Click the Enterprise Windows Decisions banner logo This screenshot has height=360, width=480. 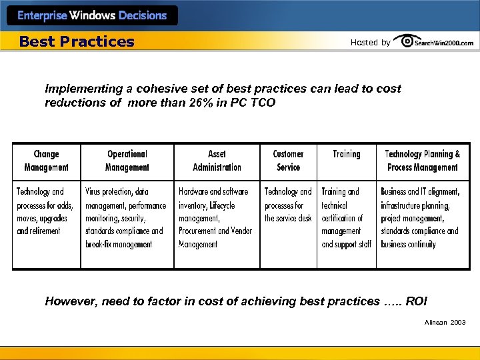pos(92,15)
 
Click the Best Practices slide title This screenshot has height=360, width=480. pos(77,42)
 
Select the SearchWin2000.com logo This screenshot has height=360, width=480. pos(434,42)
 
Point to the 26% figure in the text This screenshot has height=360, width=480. pos(196,103)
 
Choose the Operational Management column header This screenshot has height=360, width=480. pos(127,161)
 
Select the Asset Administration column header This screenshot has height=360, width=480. pos(217,161)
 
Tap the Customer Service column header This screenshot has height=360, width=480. pos(288,161)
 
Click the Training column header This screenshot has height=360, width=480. pos(346,154)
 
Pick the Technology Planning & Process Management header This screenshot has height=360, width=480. pos(422,161)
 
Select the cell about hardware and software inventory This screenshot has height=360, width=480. pos(216,218)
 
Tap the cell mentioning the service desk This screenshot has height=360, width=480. pos(288,205)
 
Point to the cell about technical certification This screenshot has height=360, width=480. pos(346,218)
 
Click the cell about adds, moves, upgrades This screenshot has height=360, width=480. pos(45,211)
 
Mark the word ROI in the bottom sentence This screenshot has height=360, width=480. pos(416,301)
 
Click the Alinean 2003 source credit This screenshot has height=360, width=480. pos(445,323)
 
